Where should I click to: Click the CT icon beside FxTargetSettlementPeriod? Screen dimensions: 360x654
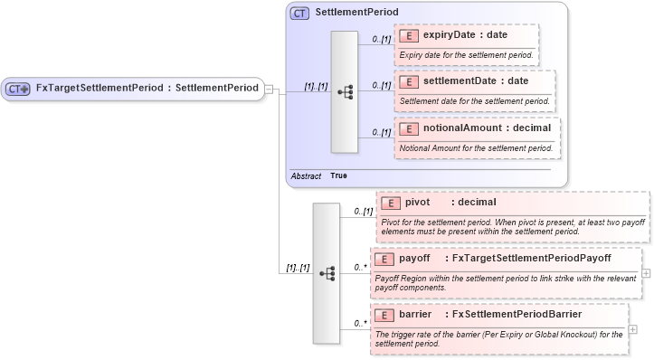click(18, 89)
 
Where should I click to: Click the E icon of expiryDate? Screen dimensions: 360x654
click(408, 35)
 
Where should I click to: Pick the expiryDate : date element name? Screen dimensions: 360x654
click(465, 35)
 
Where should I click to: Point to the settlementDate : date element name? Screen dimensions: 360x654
click(476, 81)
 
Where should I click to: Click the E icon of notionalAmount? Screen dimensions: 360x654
click(408, 128)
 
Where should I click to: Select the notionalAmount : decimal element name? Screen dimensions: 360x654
click(487, 128)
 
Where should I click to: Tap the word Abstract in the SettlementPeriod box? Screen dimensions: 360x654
click(306, 175)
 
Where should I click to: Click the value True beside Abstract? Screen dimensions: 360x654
click(338, 175)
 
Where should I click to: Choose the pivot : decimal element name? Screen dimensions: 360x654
click(450, 203)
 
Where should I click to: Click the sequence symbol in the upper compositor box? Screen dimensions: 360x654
click(345, 91)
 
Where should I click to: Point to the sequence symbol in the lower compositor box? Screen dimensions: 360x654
click(327, 272)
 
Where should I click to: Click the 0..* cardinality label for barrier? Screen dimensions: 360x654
click(360, 322)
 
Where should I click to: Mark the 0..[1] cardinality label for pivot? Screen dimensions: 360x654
click(362, 211)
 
